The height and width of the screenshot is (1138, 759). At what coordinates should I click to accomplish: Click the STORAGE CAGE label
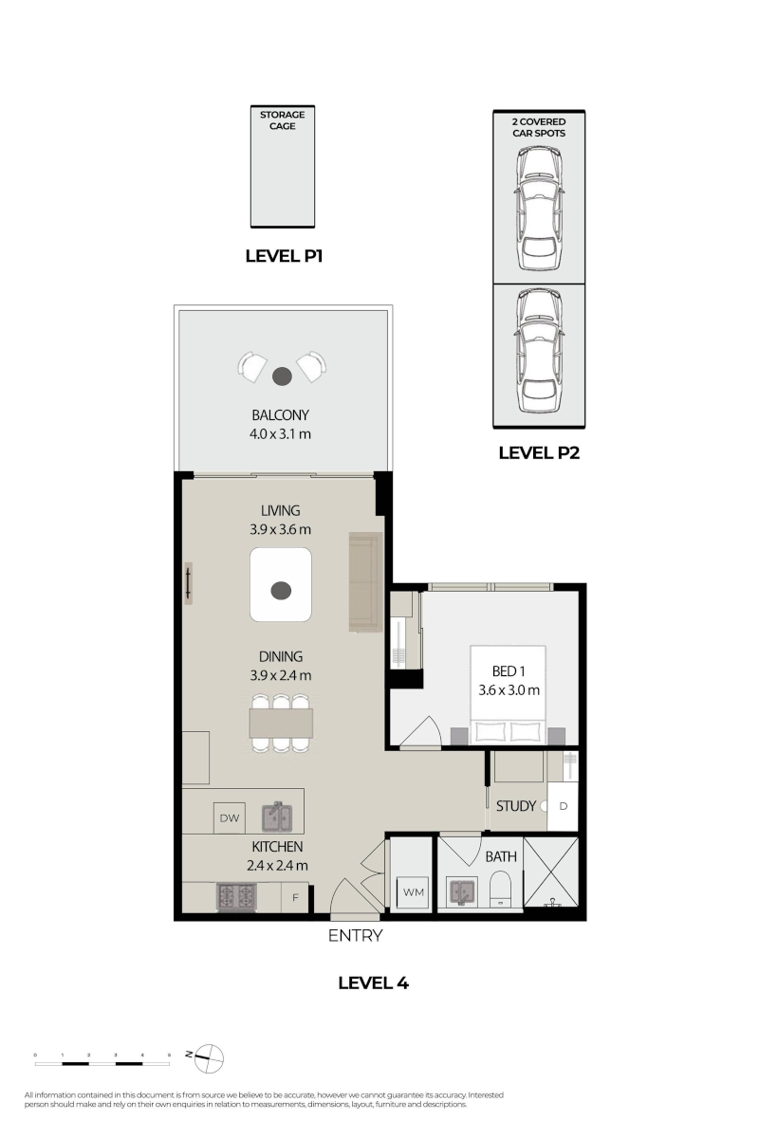(282, 120)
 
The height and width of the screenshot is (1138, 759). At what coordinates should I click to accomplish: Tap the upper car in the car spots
(539, 209)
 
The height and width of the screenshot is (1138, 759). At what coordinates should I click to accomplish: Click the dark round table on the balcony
(282, 376)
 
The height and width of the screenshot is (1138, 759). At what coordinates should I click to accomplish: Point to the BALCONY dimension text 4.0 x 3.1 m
(280, 434)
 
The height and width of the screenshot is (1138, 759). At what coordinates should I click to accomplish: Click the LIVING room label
(280, 510)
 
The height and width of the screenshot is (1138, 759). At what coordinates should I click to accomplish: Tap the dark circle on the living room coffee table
(281, 590)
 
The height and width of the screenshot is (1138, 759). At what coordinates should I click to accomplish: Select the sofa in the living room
(365, 582)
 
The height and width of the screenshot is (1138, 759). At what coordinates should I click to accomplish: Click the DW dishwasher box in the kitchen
(230, 817)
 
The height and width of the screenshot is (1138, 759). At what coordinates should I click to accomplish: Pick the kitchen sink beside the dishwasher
(276, 817)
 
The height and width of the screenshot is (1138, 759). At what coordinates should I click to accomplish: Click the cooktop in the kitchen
(236, 897)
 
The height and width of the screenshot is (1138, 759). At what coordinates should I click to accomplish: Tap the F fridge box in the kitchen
(295, 898)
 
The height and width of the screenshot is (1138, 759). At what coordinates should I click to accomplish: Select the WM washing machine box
(413, 892)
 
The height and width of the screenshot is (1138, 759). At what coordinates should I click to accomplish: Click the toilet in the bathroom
(500, 890)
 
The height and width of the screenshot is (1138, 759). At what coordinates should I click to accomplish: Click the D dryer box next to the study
(563, 806)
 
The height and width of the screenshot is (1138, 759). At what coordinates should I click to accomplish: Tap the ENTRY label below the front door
(355, 935)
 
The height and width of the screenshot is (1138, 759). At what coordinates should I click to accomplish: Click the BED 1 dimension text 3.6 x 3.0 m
(509, 690)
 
